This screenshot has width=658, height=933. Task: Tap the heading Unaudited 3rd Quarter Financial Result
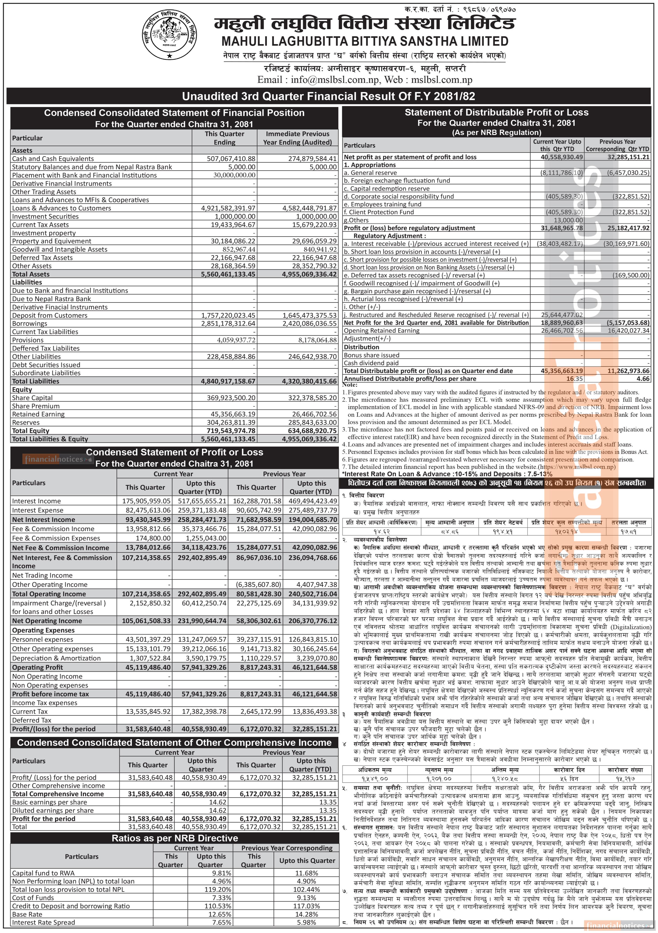pos(329,96)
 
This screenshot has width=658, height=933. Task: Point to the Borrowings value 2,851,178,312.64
pos(228,324)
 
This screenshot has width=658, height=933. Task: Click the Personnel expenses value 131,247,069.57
pos(202,639)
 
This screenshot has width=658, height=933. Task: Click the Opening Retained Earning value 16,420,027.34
pos(628,331)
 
